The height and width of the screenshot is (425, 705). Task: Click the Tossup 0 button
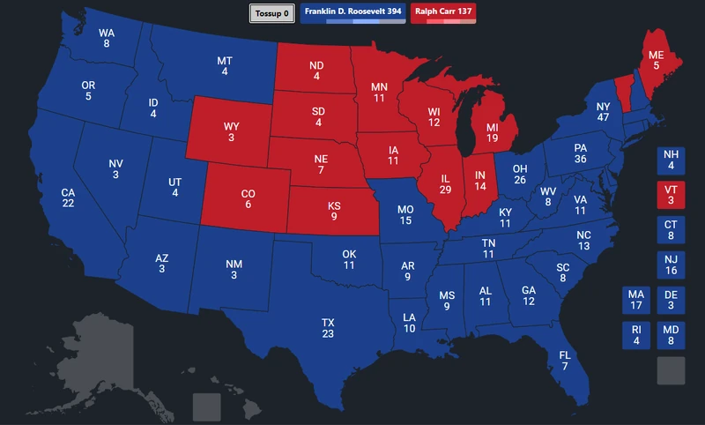coord(271,13)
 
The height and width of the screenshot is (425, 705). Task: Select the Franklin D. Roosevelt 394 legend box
coord(346,13)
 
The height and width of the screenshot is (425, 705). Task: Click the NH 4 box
coord(671,160)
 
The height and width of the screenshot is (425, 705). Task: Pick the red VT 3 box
coord(671,195)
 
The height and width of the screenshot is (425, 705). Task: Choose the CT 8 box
coord(671,230)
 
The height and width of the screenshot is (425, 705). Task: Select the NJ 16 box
coord(671,265)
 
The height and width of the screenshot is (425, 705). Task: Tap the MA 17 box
coord(635,301)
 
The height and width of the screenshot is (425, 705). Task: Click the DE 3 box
coord(671,301)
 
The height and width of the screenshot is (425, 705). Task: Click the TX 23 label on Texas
coord(328,328)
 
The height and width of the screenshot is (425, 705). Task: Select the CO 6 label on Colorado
coord(248,199)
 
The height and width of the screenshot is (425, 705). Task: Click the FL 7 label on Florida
coord(565,360)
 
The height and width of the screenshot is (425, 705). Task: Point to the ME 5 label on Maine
coord(656,59)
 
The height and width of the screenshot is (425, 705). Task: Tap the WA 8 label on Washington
coord(106,38)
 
